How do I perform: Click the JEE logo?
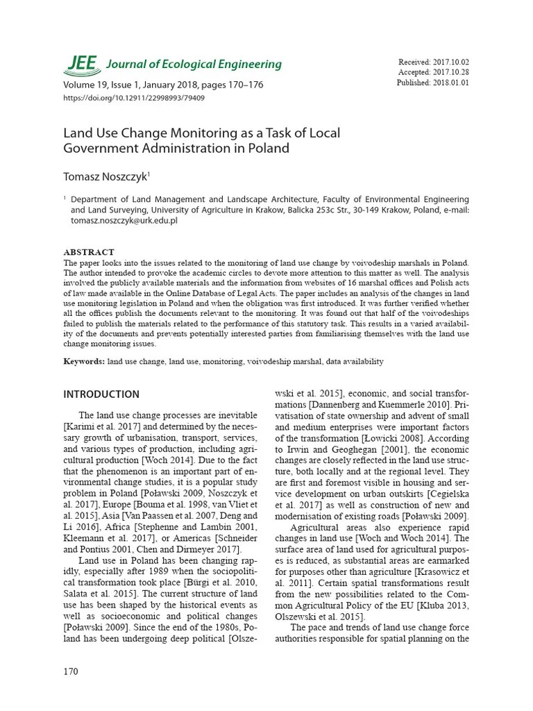(x=82, y=63)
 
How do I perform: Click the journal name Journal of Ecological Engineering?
(x=194, y=65)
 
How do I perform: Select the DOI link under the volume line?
(x=134, y=98)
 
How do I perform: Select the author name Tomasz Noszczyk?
(x=105, y=177)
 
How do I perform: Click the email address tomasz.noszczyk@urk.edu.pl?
(x=124, y=220)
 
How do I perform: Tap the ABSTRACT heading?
(x=89, y=252)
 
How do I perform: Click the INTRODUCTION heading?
(x=101, y=394)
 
